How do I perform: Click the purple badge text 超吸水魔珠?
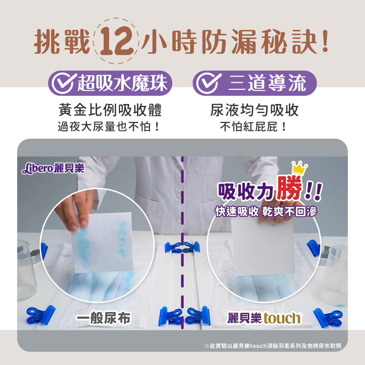pos(122,83)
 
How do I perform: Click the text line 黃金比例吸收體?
pos(110,110)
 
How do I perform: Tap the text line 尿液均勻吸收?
pos(254,110)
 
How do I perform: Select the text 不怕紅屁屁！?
pos(253,127)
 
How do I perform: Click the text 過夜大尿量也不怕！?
pos(109,127)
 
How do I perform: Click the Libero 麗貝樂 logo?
pos(53,168)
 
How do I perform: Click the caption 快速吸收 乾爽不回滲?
pos(266,212)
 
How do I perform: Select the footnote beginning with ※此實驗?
pos(273,346)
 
